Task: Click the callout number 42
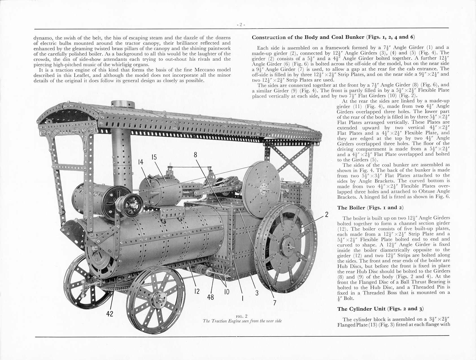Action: [110, 314]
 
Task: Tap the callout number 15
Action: [154, 157]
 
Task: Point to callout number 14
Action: [141, 162]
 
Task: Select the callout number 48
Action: [211, 297]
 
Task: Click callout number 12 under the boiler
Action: [197, 291]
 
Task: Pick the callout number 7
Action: [275, 303]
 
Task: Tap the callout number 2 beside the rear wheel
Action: [327, 214]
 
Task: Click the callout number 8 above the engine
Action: [195, 155]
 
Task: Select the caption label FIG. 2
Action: [242, 316]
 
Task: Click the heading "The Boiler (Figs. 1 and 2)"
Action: [370, 208]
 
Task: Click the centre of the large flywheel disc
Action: [264, 186]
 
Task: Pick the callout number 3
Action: [257, 293]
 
